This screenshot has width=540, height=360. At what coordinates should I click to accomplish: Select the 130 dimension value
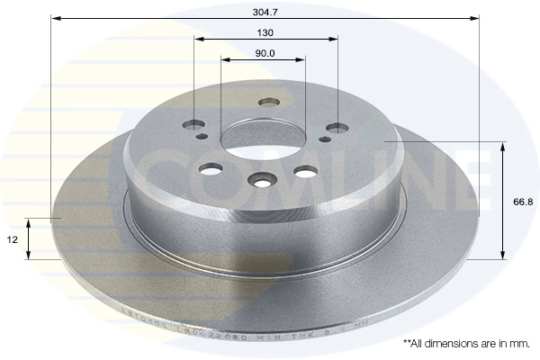pos(265,31)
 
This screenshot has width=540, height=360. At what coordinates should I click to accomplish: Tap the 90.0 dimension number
pos(265,53)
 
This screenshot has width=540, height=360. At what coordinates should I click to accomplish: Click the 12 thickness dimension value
pos(11,239)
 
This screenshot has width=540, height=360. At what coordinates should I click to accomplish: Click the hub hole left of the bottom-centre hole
pos(212,169)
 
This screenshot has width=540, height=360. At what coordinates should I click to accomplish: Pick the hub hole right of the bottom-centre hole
pos(305,171)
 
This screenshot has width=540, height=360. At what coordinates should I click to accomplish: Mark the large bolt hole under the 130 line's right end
pos(337,129)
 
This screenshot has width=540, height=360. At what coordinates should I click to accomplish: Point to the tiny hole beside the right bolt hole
pos(327,138)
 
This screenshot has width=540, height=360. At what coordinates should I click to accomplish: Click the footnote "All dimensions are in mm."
pos(466,343)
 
